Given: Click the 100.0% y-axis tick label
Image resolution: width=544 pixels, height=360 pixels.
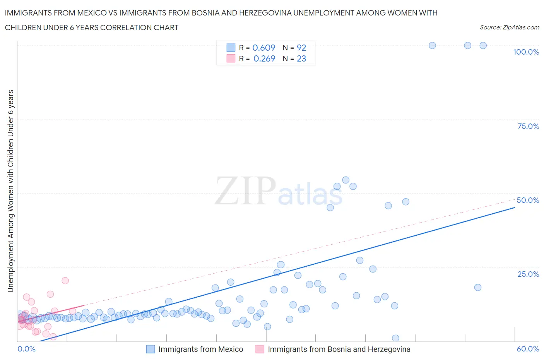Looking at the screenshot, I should pyautogui.click(x=526, y=52).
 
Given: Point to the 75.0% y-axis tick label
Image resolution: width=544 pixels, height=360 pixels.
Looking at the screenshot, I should pyautogui.click(x=528, y=126).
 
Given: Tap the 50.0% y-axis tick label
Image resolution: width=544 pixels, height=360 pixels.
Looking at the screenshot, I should pyautogui.click(x=528, y=200).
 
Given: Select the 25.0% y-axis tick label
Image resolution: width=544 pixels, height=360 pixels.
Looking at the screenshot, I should pyautogui.click(x=528, y=274).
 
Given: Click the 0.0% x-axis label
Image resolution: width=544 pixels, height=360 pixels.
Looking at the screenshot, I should pyautogui.click(x=26, y=349).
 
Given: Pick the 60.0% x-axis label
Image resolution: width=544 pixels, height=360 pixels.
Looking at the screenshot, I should pyautogui.click(x=528, y=349).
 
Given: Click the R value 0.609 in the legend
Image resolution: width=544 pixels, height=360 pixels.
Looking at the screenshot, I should pyautogui.click(x=263, y=48).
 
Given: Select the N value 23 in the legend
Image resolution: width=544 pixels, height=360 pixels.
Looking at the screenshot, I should pyautogui.click(x=301, y=58).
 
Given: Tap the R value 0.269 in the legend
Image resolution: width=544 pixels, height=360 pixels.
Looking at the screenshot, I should pyautogui.click(x=264, y=58).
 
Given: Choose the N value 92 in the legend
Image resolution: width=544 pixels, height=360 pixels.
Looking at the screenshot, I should pyautogui.click(x=301, y=48).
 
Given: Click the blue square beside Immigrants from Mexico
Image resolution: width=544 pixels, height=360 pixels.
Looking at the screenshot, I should pyautogui.click(x=151, y=349).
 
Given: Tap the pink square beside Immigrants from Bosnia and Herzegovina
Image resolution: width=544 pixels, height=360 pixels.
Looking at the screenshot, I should pyautogui.click(x=260, y=349).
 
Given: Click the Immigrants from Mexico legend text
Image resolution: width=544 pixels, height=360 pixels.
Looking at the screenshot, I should pyautogui.click(x=201, y=349).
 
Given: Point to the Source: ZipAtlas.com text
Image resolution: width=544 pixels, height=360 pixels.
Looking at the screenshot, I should pyautogui.click(x=509, y=27).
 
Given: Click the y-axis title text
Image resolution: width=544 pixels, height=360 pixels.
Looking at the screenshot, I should pyautogui.click(x=10, y=191).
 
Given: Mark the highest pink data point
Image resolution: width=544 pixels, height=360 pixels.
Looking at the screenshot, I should pyautogui.click(x=65, y=281).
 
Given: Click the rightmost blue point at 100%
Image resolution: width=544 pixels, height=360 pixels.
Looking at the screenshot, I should pyautogui.click(x=483, y=45).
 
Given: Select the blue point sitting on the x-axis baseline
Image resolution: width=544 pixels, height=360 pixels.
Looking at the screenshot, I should pyautogui.click(x=395, y=338).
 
